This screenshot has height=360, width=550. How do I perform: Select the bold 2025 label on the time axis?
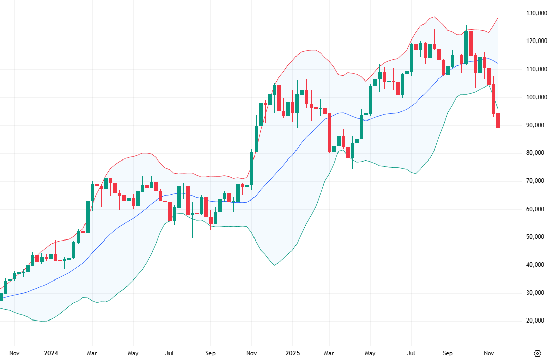pos(293,353)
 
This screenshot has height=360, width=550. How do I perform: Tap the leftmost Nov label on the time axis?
pos(14,353)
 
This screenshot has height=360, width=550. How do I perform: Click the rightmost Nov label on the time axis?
pos(489,353)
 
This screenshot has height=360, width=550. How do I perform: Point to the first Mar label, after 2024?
pos(92,353)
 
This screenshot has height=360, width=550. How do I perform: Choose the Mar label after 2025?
pos(329,353)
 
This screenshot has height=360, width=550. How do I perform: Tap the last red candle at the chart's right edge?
pos(498,121)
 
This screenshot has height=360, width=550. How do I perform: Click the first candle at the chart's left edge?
pos(1,297)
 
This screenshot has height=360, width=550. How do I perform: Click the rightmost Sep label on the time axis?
pos(447,353)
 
